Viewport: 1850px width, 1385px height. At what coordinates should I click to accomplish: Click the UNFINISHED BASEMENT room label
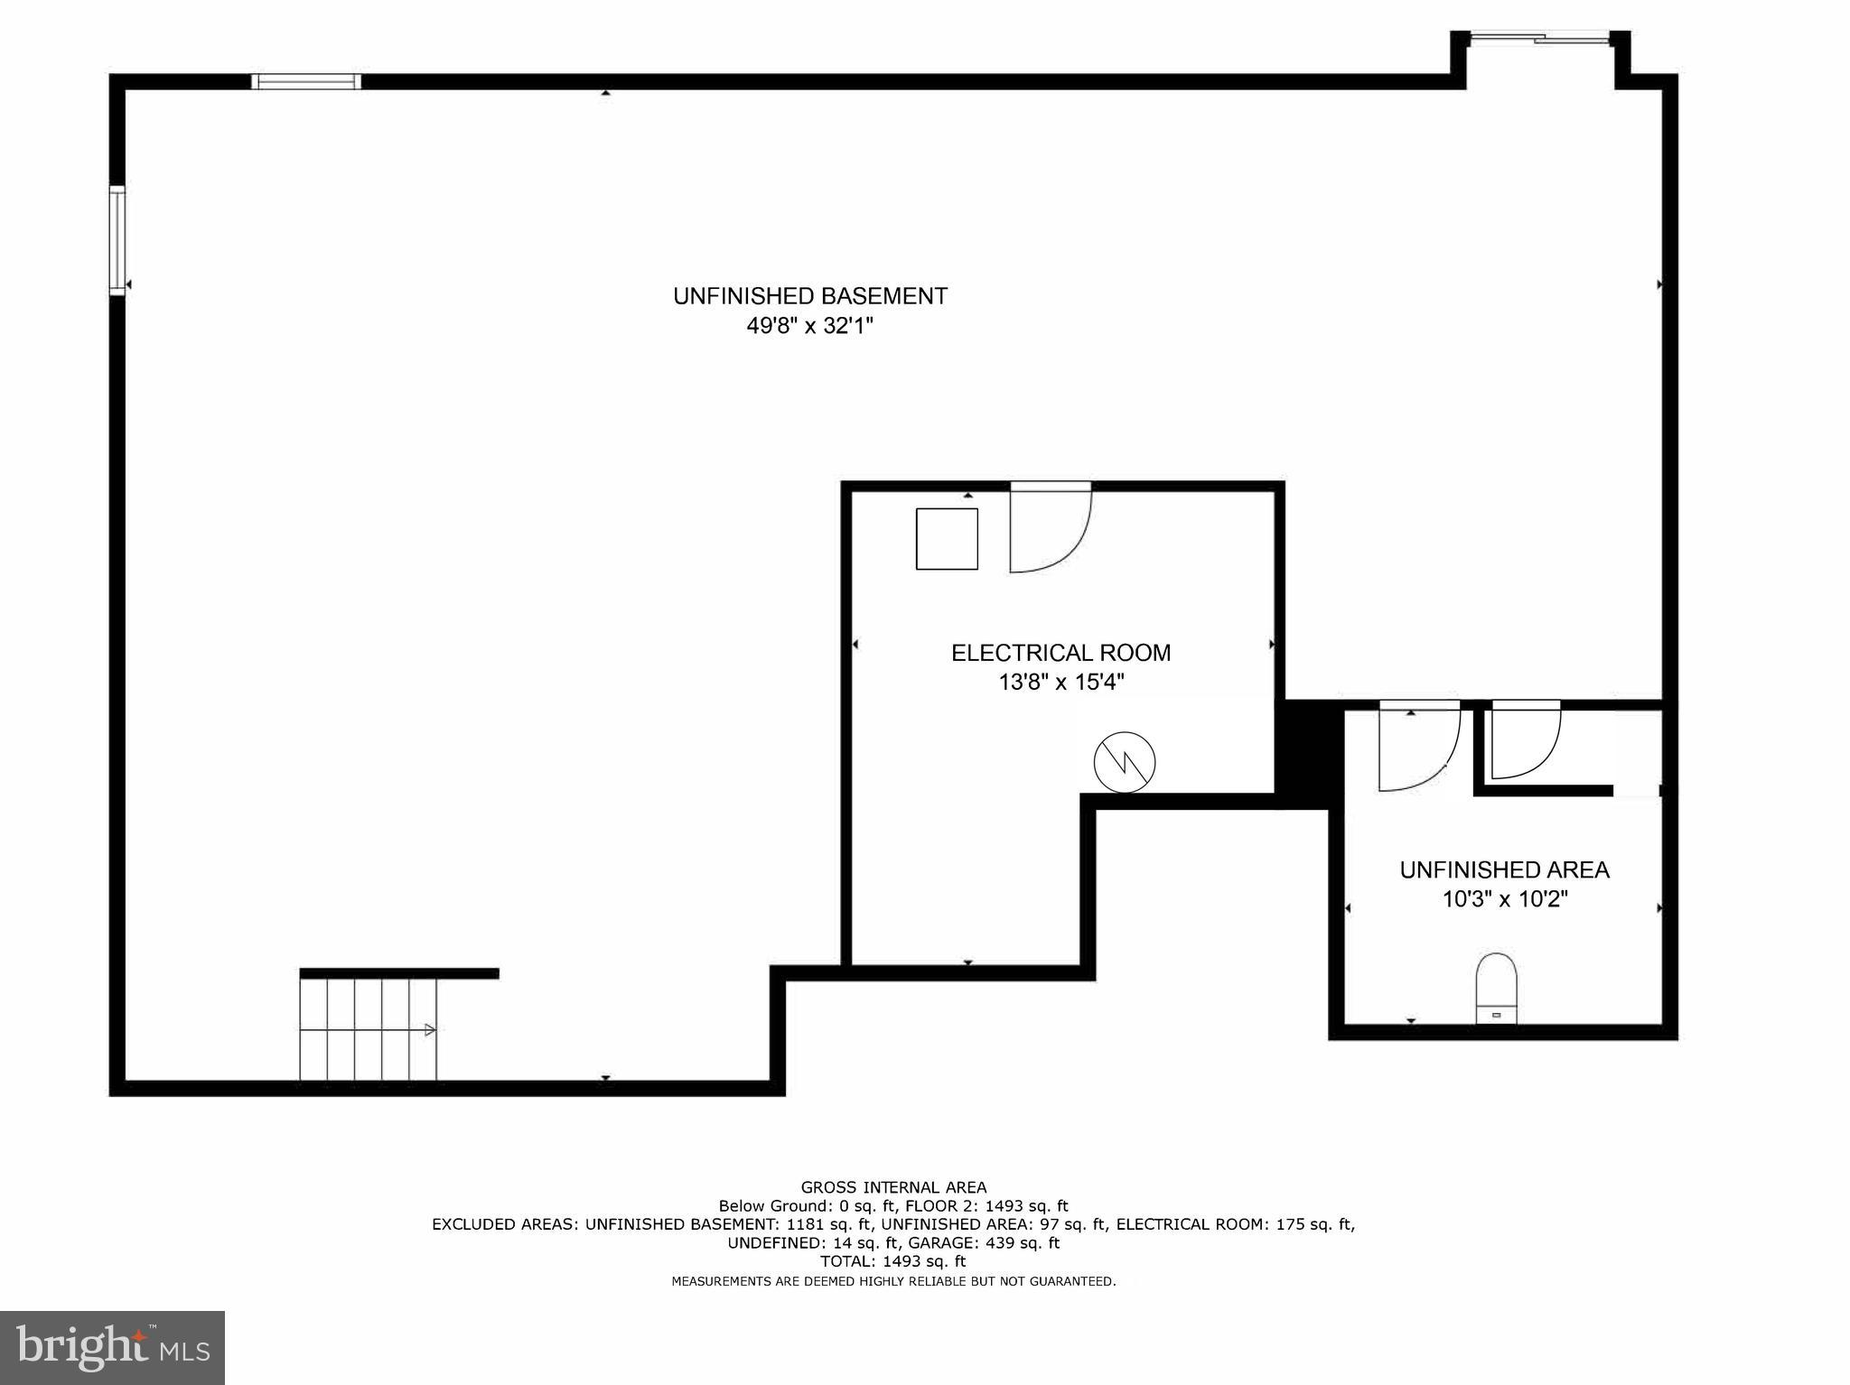pyautogui.click(x=809, y=296)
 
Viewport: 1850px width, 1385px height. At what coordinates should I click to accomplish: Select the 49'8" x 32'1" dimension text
pyautogui.click(x=809, y=326)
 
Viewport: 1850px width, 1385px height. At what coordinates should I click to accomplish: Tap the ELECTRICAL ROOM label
pyautogui.click(x=1060, y=653)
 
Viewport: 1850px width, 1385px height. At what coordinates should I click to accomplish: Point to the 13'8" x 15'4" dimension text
pyautogui.click(x=1060, y=682)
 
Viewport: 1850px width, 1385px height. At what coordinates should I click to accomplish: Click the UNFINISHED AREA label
pyautogui.click(x=1504, y=869)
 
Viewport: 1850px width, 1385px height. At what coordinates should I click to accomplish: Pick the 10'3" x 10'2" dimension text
pyautogui.click(x=1504, y=899)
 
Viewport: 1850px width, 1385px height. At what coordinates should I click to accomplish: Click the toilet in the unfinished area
pyautogui.click(x=1496, y=989)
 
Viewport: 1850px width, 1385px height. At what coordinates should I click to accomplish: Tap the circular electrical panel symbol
pyautogui.click(x=1125, y=761)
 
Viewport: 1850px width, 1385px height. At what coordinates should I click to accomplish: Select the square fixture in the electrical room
pyautogui.click(x=947, y=539)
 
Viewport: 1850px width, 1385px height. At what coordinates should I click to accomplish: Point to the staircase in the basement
pyautogui.click(x=369, y=1029)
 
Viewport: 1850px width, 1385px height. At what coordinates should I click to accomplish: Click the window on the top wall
pyautogui.click(x=306, y=81)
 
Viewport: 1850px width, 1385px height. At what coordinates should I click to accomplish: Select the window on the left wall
pyautogui.click(x=117, y=239)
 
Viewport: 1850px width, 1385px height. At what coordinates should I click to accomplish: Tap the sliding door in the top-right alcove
pyautogui.click(x=1539, y=38)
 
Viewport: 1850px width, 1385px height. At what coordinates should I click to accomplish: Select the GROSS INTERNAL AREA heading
pyautogui.click(x=893, y=1187)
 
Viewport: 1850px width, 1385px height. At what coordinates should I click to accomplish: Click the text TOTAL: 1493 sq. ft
pyautogui.click(x=893, y=1261)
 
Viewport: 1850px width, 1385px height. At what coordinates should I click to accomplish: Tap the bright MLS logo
pyautogui.click(x=112, y=1347)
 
